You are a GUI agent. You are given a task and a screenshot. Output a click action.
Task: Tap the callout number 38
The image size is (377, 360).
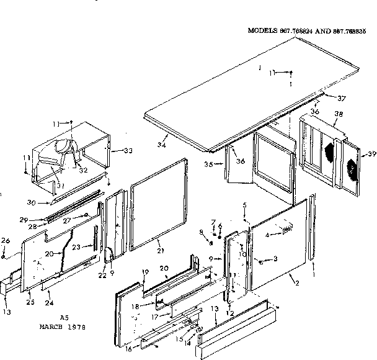point(339,115)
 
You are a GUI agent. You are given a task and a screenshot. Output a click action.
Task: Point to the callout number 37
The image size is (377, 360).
point(342,98)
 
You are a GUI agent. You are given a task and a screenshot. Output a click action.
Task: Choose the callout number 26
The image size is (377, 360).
point(5,241)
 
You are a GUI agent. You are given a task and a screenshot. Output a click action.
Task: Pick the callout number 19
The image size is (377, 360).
point(144,272)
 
